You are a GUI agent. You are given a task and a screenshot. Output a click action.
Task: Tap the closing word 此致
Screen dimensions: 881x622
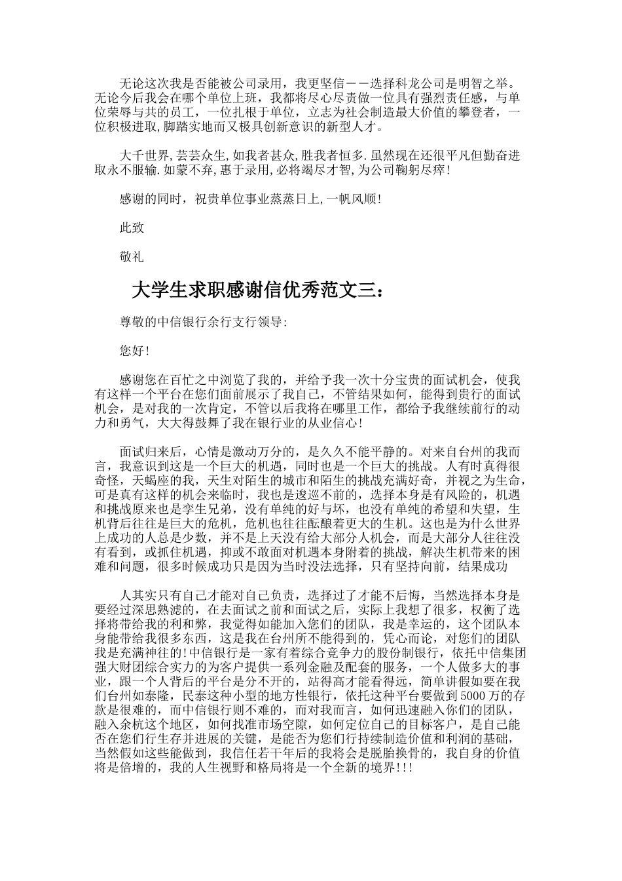pyautogui.click(x=132, y=227)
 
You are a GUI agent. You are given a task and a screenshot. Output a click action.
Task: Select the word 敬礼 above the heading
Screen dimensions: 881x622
pyautogui.click(x=132, y=257)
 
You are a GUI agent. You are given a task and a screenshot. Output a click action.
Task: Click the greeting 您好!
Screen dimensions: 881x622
pyautogui.click(x=134, y=351)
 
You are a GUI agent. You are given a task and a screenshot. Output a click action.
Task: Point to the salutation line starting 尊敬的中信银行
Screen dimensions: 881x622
pyautogui.click(x=203, y=322)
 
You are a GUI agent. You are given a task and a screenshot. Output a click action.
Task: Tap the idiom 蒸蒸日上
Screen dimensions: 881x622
pyautogui.click(x=298, y=199)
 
